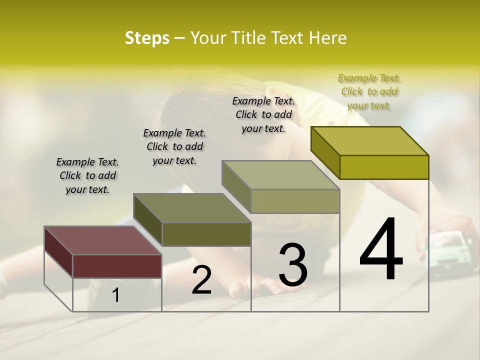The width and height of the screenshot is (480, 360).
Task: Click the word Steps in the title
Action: click(x=147, y=38)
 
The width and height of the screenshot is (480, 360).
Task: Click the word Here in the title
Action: click(x=328, y=38)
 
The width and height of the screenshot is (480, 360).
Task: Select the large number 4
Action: click(x=381, y=249)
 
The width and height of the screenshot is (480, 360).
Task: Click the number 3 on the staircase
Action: click(x=293, y=265)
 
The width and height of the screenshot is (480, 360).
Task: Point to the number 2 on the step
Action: click(x=201, y=280)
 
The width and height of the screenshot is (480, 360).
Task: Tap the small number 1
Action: click(x=116, y=295)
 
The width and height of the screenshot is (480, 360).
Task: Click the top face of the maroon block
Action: click(x=102, y=240)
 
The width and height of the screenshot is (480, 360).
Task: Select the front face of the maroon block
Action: click(x=117, y=266)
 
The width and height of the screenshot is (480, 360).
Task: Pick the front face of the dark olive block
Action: click(x=206, y=234)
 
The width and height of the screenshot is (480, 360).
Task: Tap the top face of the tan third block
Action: click(x=280, y=175)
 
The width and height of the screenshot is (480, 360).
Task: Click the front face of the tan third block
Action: click(x=295, y=201)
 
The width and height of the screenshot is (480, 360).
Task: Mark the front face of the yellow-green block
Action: click(x=384, y=167)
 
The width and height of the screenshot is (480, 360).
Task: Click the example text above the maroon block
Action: click(x=87, y=175)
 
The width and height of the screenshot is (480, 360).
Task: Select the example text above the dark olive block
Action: click(x=174, y=146)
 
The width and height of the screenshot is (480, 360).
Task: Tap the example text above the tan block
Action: click(x=263, y=114)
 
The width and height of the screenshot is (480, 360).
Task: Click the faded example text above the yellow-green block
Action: click(x=369, y=91)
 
